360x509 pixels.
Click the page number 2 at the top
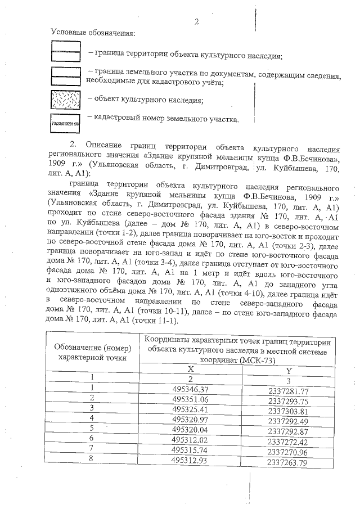point(196,22)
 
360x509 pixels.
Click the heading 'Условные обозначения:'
point(93,33)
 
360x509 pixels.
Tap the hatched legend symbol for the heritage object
point(66,99)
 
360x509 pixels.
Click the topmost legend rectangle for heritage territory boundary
point(66,51)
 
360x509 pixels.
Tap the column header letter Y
point(289,371)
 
